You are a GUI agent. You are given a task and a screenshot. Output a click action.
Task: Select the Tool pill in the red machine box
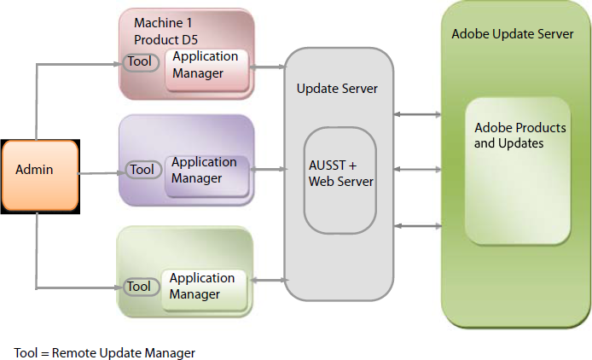coord(139,62)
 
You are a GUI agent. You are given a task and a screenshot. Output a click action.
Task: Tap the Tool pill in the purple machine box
coord(142,170)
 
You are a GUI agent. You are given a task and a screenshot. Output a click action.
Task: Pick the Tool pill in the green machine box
coord(138,287)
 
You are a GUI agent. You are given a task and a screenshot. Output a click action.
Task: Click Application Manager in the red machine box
coord(206,66)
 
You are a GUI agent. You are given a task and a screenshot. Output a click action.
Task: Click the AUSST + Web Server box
coord(340,172)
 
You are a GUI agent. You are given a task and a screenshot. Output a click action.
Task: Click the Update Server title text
coord(337,89)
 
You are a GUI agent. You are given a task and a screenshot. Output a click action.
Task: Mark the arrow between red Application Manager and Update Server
coord(270,66)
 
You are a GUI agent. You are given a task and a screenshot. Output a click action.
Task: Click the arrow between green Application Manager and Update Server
coord(270,281)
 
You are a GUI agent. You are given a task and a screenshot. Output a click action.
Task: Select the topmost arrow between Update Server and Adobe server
coord(417,114)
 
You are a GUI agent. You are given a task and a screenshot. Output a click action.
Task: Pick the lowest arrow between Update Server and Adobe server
coord(417,225)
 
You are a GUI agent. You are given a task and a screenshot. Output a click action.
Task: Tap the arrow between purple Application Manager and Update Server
coord(270,171)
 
